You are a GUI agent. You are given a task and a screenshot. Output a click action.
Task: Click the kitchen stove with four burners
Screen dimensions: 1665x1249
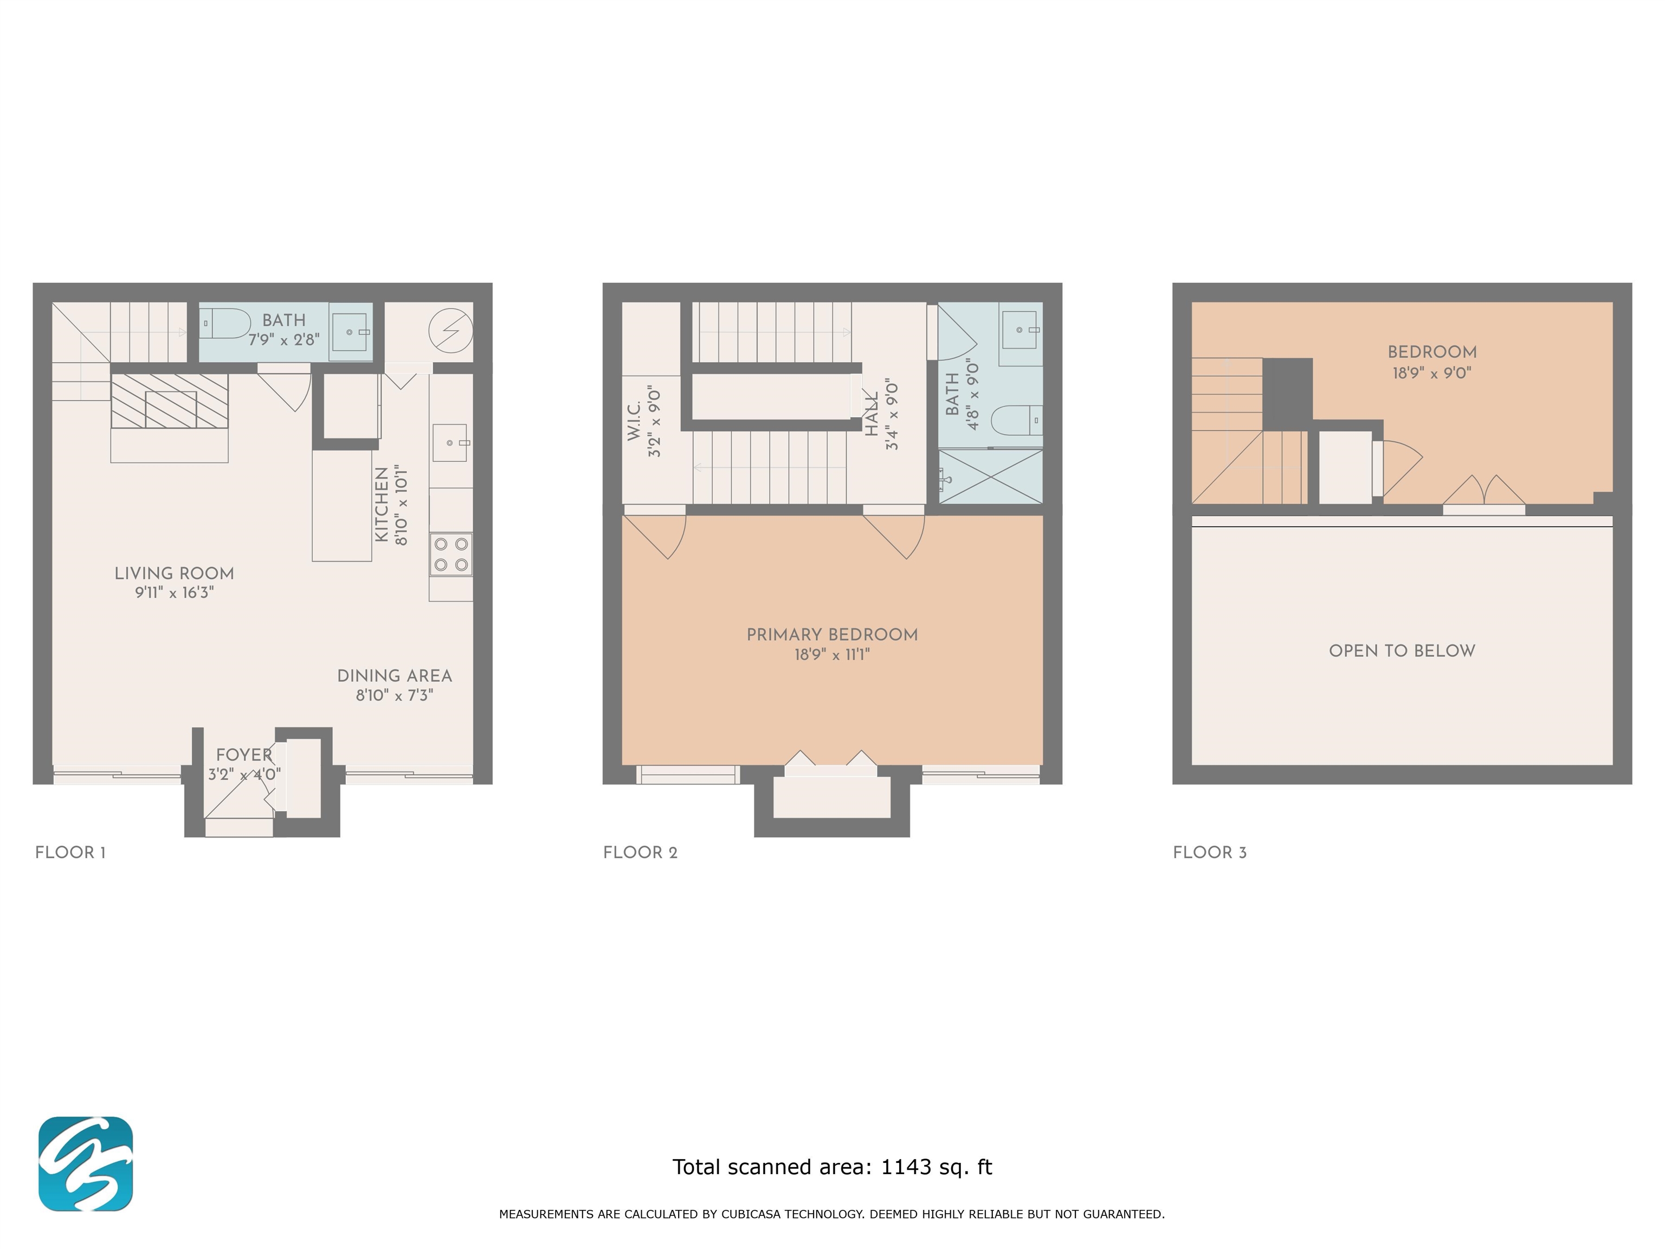pyautogui.click(x=451, y=554)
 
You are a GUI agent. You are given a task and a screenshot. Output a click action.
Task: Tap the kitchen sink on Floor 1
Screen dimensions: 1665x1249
pyautogui.click(x=450, y=443)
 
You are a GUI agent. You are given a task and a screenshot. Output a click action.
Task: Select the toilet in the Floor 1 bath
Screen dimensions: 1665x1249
pyautogui.click(x=225, y=324)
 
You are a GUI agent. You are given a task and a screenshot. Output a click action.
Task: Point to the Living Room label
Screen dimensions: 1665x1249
pyautogui.click(x=174, y=574)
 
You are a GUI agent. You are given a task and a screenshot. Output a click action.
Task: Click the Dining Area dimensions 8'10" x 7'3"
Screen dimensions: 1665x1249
pyautogui.click(x=395, y=695)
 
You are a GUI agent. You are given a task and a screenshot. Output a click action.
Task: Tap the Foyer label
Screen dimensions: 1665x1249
pyautogui.click(x=244, y=755)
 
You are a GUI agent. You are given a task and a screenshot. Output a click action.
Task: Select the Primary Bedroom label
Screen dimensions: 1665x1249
pyautogui.click(x=832, y=635)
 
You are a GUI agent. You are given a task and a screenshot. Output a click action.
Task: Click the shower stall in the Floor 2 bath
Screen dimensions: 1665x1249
pyautogui.click(x=991, y=477)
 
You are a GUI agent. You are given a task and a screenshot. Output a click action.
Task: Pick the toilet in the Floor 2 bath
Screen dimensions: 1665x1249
pyautogui.click(x=1016, y=420)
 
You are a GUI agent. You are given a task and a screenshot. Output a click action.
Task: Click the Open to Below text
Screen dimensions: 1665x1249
pyautogui.click(x=1402, y=651)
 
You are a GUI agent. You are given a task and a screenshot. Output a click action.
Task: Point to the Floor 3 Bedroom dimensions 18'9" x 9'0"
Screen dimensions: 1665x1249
pyautogui.click(x=1431, y=372)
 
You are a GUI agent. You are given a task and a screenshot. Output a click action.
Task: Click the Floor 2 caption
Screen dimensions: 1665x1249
pyautogui.click(x=641, y=852)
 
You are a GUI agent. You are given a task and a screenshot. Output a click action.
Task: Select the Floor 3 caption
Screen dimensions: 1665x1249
pyautogui.click(x=1210, y=852)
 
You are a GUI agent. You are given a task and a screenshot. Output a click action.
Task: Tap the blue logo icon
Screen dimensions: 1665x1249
pyautogui.click(x=86, y=1163)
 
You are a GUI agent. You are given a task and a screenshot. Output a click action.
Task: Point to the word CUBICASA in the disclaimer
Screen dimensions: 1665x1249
pyautogui.click(x=753, y=1214)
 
